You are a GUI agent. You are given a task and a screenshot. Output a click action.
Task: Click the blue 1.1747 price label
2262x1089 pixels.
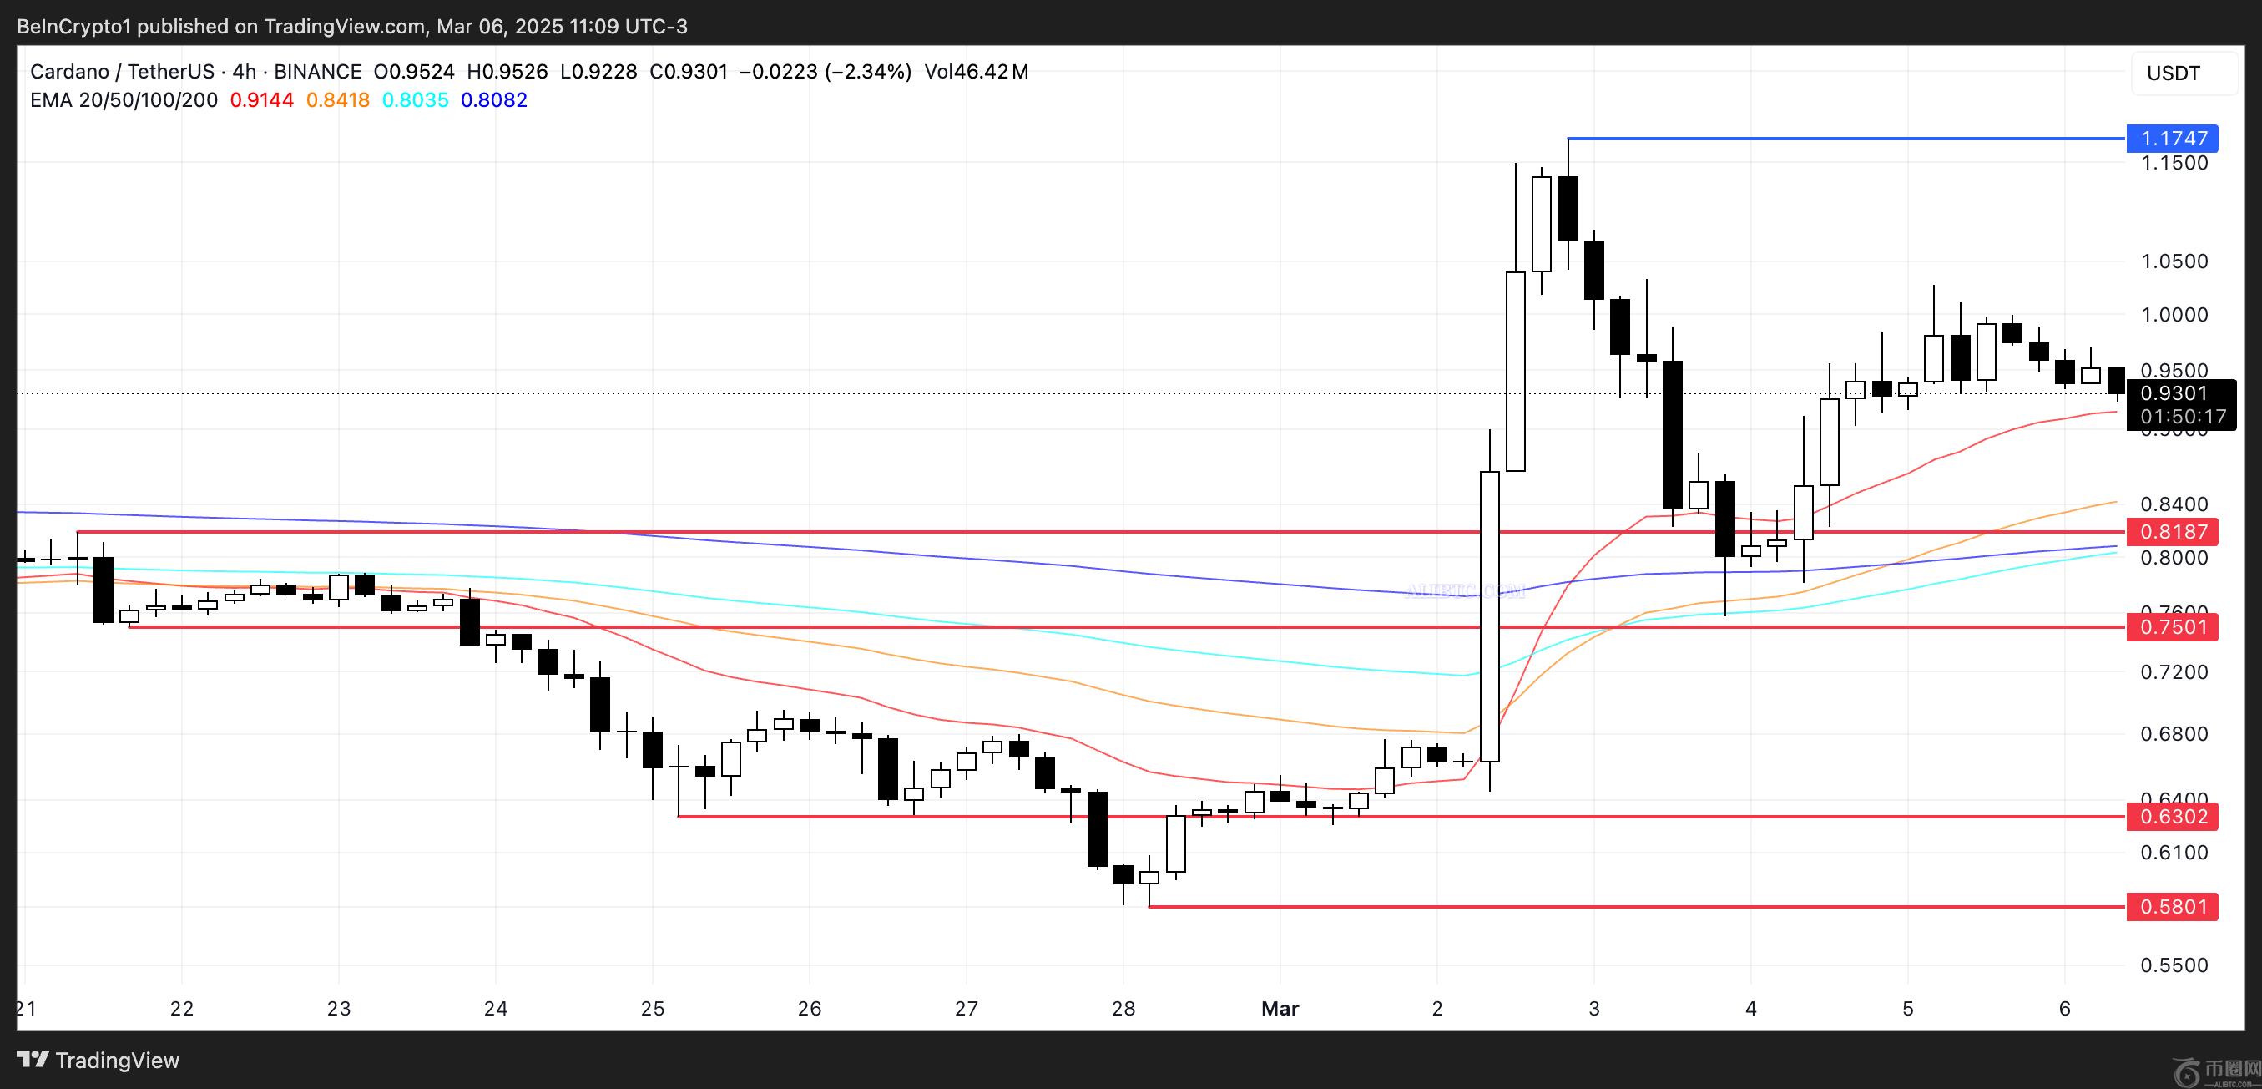[x=2172, y=138]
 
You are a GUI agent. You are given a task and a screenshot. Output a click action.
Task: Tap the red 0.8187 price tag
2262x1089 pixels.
[x=2172, y=531]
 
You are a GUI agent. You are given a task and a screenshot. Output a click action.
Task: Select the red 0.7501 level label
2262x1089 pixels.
[x=2172, y=627]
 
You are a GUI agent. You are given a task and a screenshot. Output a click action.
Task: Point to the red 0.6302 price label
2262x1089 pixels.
[x=2172, y=817]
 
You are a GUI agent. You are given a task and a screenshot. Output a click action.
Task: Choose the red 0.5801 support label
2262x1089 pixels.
[x=2172, y=906]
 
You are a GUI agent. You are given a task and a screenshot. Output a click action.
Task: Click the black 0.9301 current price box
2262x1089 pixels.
[x=2174, y=393]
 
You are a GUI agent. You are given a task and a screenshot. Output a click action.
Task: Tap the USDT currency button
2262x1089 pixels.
[x=2174, y=73]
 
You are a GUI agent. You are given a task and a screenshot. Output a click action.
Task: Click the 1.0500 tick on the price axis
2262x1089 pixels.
[x=2174, y=261]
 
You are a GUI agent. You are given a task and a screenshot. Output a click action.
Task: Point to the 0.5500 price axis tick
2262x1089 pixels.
[x=2174, y=965]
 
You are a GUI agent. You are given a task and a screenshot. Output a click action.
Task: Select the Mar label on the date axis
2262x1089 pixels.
[x=1280, y=1008]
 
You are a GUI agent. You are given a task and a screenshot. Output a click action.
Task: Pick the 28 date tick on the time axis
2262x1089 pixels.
[x=1123, y=1008]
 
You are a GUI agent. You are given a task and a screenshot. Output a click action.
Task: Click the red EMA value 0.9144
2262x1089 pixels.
[x=262, y=100]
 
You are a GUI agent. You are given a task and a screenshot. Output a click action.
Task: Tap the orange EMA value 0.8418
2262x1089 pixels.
[x=337, y=100]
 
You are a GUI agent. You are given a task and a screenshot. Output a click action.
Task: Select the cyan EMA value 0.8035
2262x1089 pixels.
[x=415, y=100]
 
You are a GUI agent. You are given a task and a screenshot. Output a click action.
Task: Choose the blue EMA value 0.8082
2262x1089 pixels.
[x=493, y=100]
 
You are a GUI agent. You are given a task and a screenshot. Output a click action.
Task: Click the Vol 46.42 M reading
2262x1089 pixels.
[x=976, y=72]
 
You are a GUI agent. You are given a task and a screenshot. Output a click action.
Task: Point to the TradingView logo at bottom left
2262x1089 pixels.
[x=98, y=1060]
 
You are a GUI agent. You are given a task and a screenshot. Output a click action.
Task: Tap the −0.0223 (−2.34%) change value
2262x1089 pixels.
[x=826, y=72]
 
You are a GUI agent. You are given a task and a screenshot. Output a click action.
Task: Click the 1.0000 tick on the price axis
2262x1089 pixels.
[x=2174, y=314]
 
